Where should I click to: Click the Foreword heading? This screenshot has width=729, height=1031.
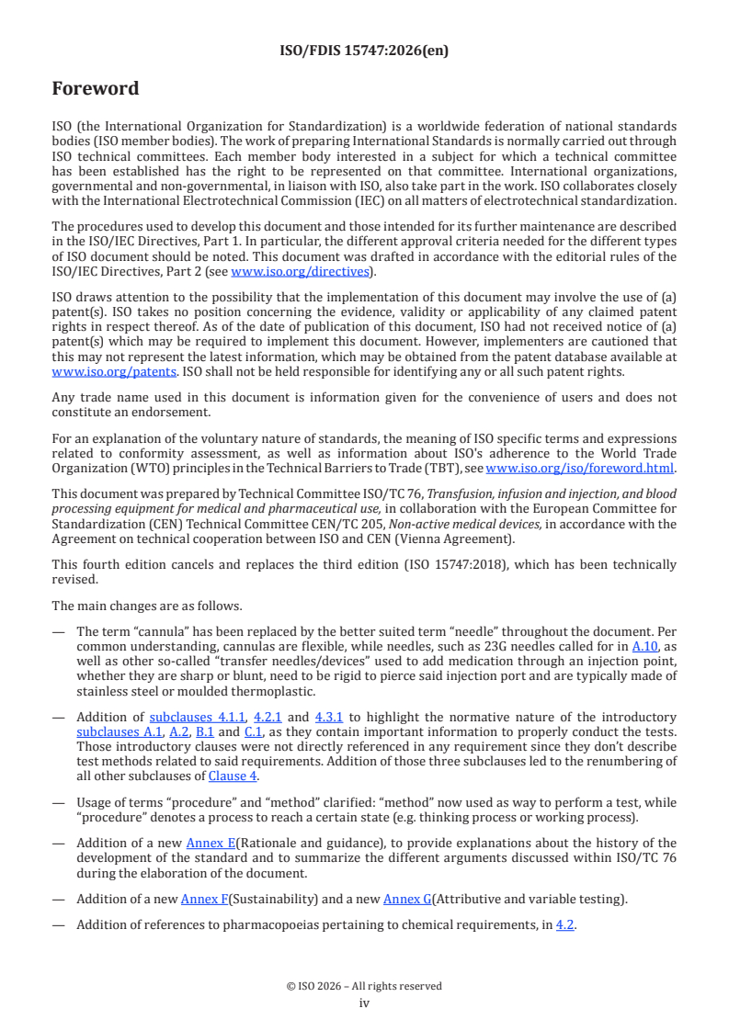click(96, 89)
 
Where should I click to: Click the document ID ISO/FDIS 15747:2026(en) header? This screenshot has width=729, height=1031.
click(364, 51)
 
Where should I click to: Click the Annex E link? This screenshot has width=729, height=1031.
click(211, 843)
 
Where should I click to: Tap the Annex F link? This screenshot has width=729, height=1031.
click(205, 899)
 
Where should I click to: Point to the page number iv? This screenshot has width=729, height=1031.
click(364, 1003)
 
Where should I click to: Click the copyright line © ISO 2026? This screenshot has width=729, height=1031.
click(364, 986)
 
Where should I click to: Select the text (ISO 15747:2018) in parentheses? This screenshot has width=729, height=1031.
click(530, 564)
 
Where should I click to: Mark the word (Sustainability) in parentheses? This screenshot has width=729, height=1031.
click(273, 899)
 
